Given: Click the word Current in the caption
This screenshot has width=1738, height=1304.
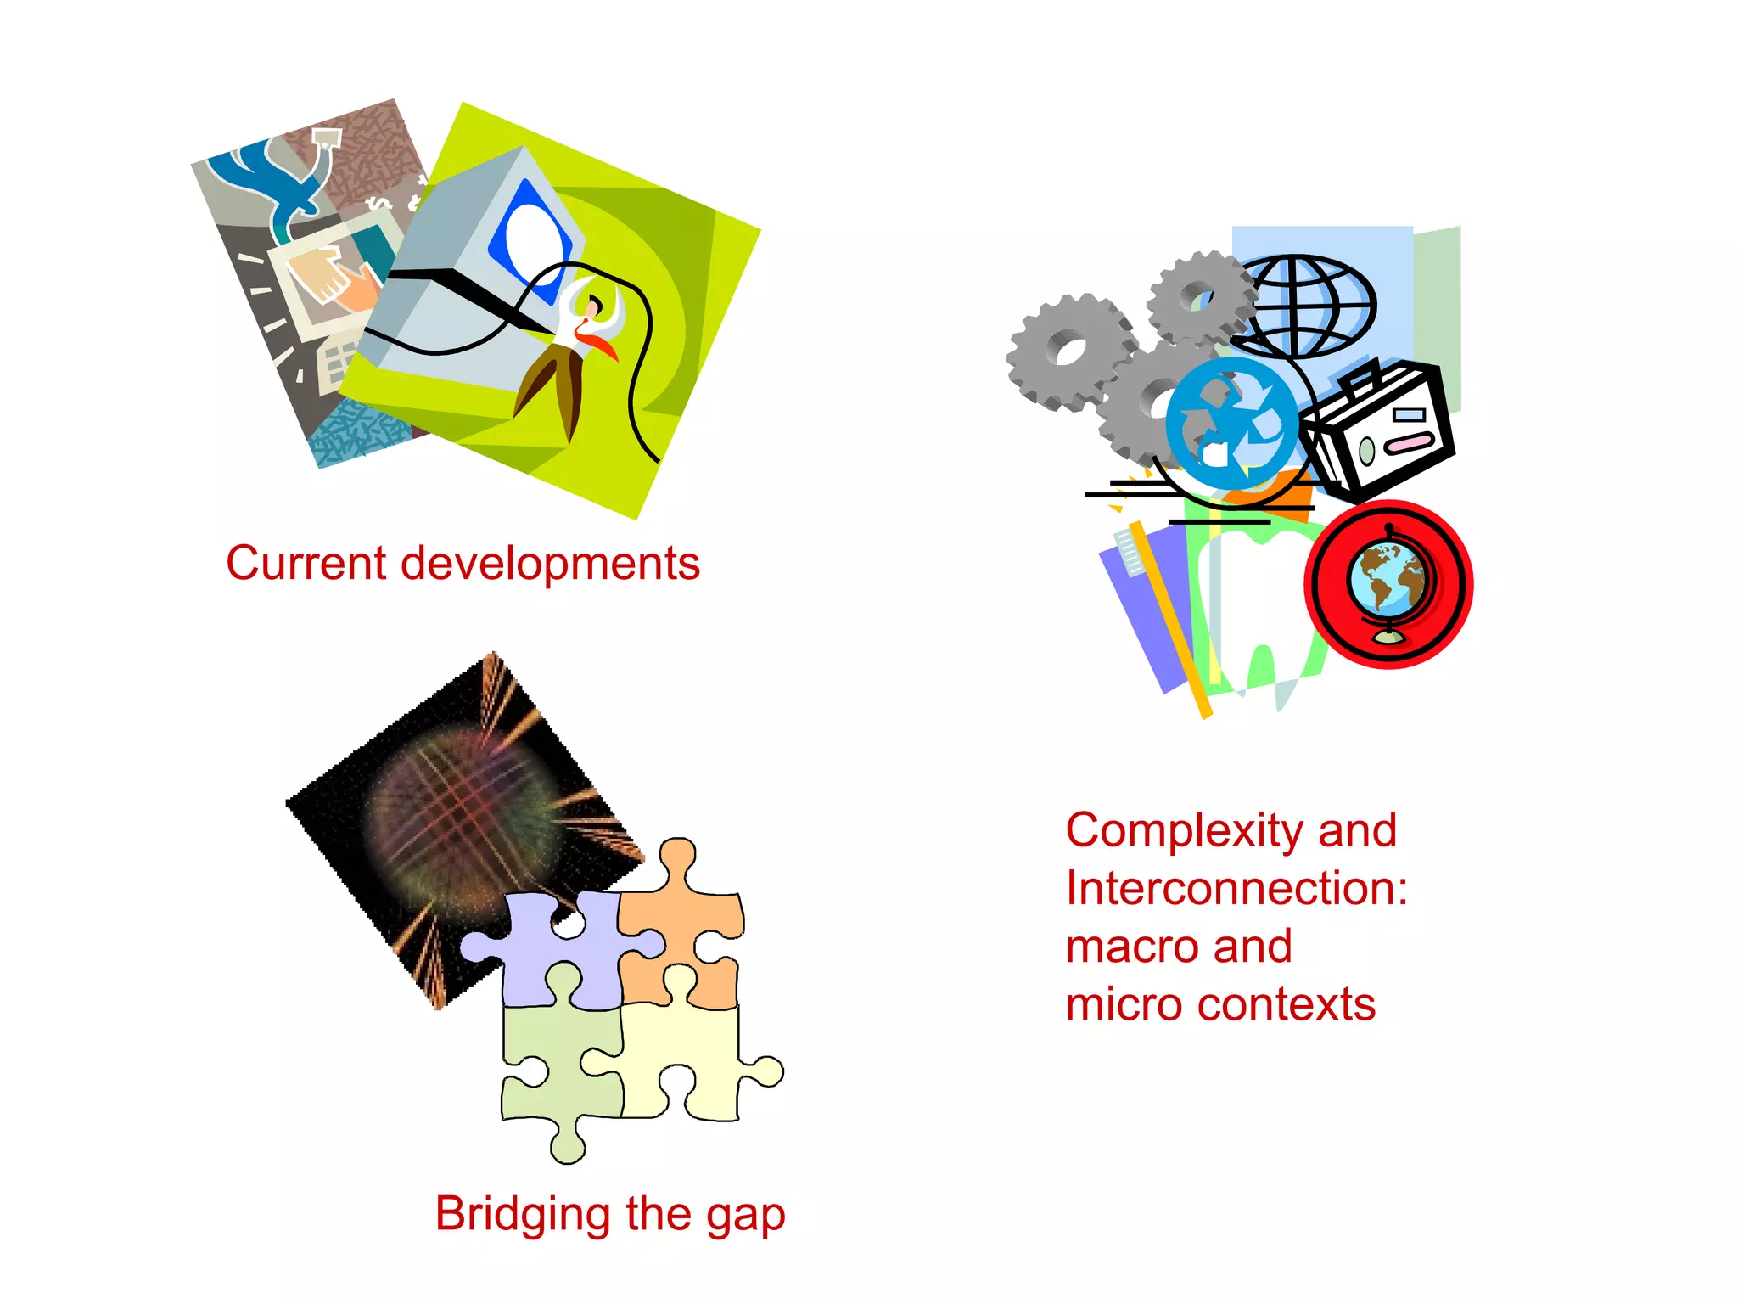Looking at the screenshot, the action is (306, 564).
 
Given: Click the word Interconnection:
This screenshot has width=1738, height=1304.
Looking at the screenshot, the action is (1236, 889).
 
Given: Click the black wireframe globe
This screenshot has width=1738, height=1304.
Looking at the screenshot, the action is (1307, 306).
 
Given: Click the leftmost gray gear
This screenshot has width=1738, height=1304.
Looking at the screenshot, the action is (1068, 350).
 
